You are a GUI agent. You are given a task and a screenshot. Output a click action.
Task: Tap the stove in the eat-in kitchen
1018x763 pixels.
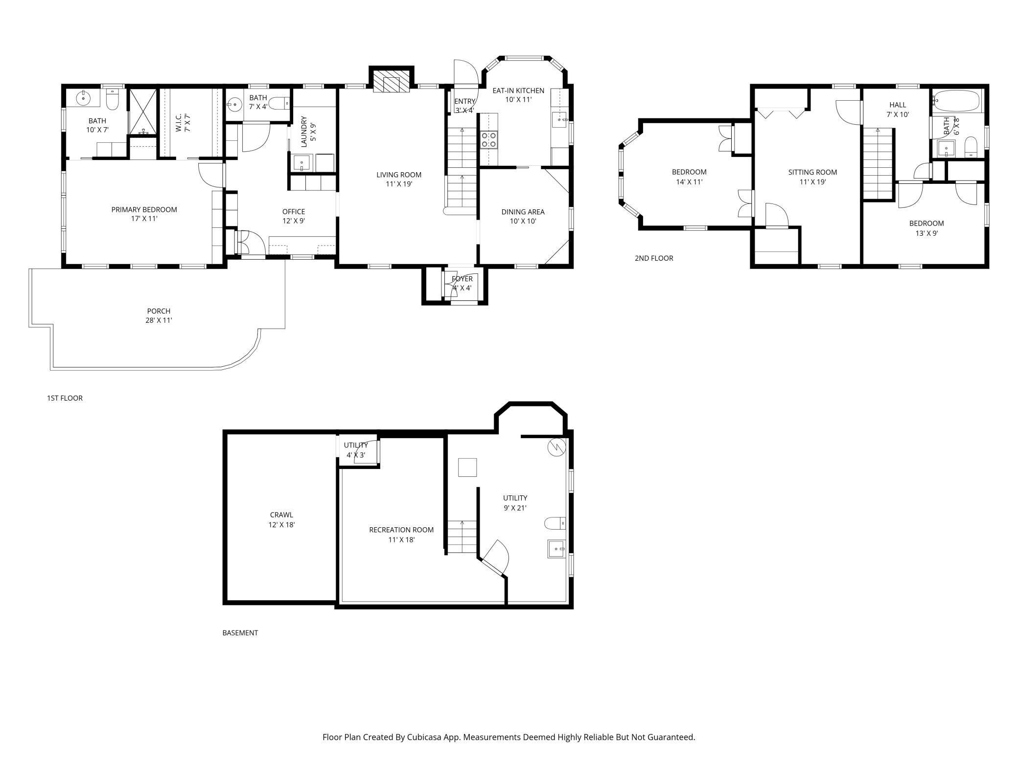(x=489, y=139)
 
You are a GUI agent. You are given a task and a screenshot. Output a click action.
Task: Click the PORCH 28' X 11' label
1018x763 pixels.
(x=159, y=315)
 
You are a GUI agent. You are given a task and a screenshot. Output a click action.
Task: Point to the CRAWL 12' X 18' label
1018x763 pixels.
(x=281, y=519)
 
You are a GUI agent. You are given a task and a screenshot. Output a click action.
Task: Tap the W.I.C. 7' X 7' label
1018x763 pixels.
(x=183, y=123)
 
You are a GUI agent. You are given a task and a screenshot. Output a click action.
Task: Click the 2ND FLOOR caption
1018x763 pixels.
(x=653, y=258)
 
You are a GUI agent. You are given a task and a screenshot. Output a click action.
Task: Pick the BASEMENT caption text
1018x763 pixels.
(x=240, y=633)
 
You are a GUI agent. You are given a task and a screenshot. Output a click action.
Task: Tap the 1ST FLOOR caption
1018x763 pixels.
(x=65, y=398)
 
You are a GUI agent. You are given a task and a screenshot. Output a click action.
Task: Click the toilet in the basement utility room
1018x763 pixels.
(x=555, y=523)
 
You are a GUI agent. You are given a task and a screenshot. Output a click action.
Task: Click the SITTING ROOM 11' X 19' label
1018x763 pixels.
(x=812, y=177)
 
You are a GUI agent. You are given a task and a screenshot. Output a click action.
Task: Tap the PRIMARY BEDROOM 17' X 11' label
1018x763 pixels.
(x=144, y=214)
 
